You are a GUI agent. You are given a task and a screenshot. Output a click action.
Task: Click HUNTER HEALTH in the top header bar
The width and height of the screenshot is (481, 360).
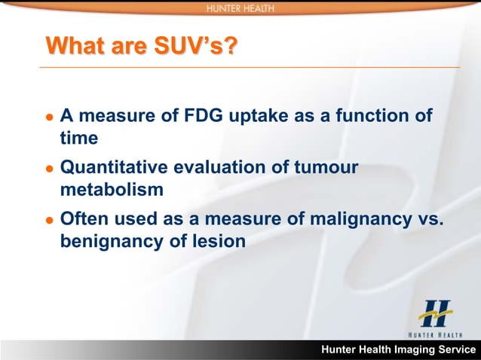(x=240, y=8)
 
